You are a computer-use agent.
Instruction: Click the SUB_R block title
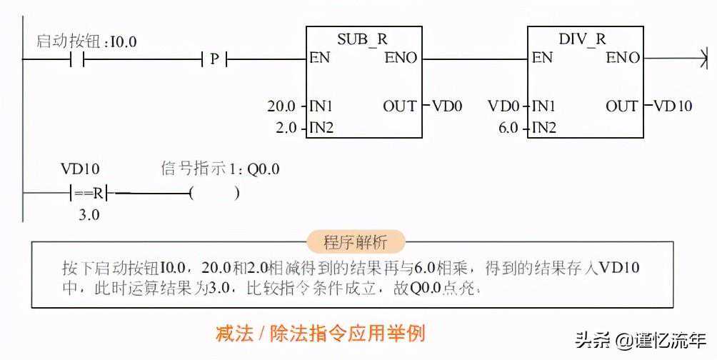(x=363, y=39)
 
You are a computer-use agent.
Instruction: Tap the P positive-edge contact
(x=214, y=59)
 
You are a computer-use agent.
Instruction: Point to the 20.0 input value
(x=281, y=106)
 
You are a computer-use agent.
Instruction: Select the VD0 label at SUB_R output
(x=447, y=106)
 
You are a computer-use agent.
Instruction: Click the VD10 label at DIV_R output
(x=673, y=106)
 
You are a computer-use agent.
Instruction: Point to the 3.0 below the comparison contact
(x=89, y=214)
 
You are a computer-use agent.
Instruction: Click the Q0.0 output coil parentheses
(x=214, y=192)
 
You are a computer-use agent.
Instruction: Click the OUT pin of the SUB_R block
(x=400, y=106)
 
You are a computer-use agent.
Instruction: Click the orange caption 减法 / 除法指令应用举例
(x=321, y=333)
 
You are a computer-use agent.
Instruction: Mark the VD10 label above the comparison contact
(x=80, y=169)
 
